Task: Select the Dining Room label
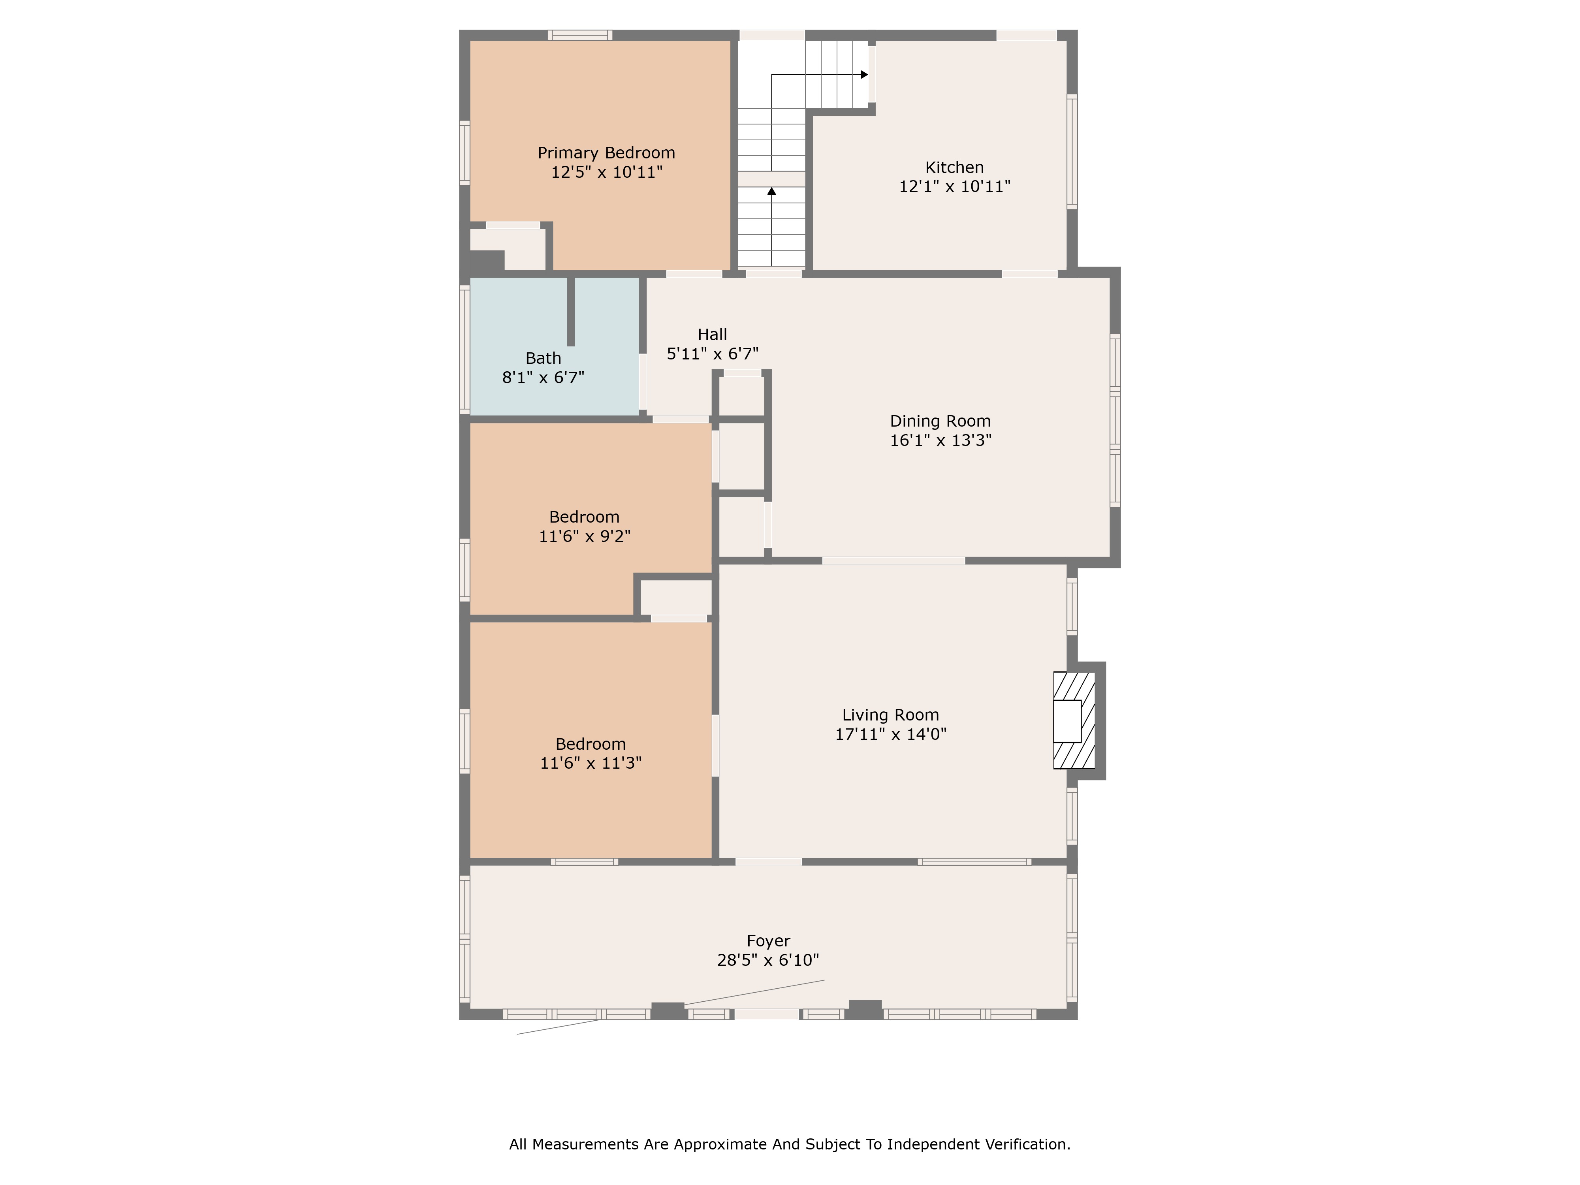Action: (940, 421)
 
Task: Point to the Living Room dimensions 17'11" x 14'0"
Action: (891, 734)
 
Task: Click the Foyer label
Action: (769, 941)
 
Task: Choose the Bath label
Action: (544, 359)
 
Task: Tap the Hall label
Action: (712, 334)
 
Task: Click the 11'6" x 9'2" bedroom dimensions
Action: (585, 536)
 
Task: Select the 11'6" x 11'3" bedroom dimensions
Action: (591, 763)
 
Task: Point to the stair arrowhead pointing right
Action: (864, 74)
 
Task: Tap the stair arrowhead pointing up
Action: (771, 191)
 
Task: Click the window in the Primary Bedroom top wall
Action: (580, 35)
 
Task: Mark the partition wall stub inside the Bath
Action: (571, 311)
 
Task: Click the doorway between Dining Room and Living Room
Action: (893, 561)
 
